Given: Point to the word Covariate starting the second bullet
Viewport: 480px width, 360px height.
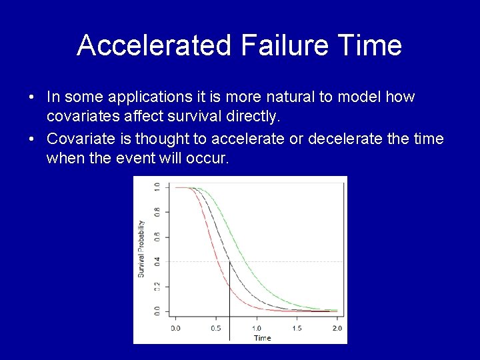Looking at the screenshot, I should [77, 139].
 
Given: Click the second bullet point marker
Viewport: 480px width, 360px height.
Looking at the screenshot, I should [31, 139].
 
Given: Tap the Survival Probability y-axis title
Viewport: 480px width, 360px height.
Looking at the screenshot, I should [141, 249].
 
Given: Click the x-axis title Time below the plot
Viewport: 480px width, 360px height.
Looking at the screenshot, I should [262, 338].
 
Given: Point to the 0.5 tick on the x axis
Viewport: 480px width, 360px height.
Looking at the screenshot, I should [216, 328].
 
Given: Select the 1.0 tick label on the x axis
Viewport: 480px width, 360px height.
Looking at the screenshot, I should [256, 328].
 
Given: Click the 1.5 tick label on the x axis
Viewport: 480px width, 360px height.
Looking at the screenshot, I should [297, 328].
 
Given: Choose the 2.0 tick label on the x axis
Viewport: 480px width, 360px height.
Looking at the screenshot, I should [337, 328].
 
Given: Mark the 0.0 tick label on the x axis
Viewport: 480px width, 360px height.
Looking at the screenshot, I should [175, 328].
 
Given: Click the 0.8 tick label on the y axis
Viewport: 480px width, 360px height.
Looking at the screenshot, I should [157, 213].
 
